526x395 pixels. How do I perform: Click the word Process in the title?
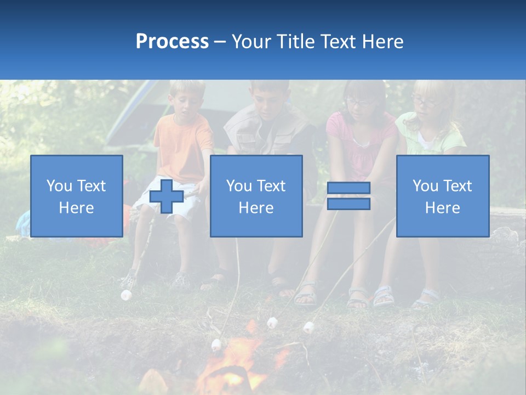point(172,42)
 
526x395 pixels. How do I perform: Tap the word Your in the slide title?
point(251,42)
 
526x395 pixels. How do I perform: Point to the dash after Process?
point(220,42)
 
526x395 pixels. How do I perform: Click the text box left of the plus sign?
point(77,196)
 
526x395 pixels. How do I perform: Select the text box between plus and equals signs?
point(256,196)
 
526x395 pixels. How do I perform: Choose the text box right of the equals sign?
point(442,196)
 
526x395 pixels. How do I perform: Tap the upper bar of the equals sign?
point(348,188)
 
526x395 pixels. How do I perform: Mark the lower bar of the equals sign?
point(348,204)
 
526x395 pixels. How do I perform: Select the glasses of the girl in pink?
point(358,101)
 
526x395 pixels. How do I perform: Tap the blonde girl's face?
point(428,102)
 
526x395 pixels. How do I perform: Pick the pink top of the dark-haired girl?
point(362,137)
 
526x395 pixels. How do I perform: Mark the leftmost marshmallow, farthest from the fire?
point(127,295)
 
